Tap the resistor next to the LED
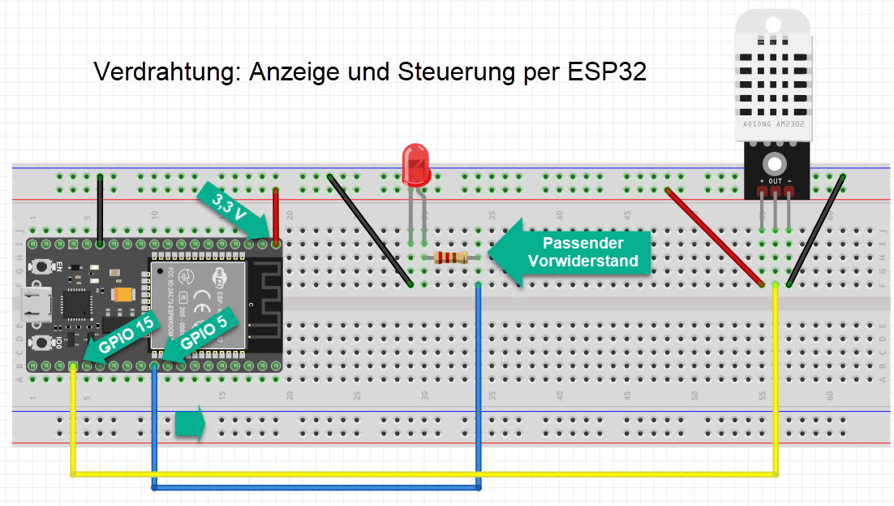pyautogui.click(x=451, y=258)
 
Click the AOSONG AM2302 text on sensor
pyautogui.click(x=773, y=125)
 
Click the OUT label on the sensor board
pyautogui.click(x=776, y=180)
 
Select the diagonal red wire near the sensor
pyautogui.click(x=714, y=237)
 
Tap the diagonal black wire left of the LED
pyautogui.click(x=370, y=230)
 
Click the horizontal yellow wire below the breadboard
pyautogui.click(x=422, y=473)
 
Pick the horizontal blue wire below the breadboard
pyautogui.click(x=316, y=487)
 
